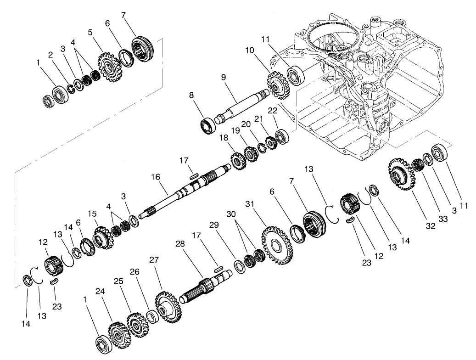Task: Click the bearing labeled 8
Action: (208, 124)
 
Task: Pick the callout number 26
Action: (148, 284)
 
